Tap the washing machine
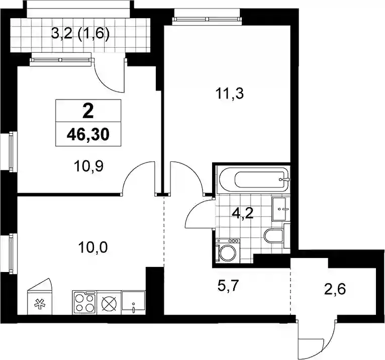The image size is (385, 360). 228,250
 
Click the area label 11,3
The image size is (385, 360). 230,94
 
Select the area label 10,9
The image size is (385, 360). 88,166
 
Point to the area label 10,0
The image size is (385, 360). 93,247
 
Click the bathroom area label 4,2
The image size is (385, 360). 243,214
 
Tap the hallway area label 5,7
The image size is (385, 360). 228,286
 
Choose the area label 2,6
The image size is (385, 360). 335,289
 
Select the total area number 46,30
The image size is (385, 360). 88,135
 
